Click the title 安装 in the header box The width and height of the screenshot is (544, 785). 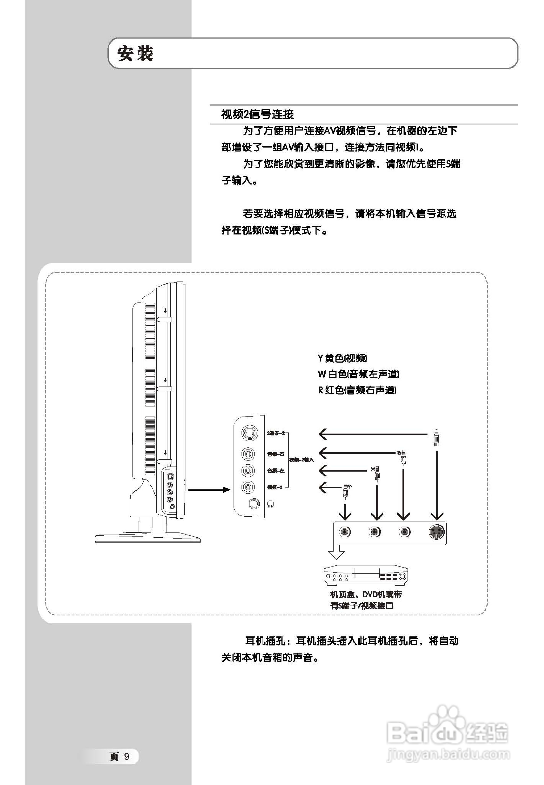coord(135,54)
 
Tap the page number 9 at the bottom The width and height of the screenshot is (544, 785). coord(126,757)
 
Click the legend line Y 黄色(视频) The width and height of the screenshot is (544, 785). coord(342,358)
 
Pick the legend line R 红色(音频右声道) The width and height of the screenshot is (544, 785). coord(357,390)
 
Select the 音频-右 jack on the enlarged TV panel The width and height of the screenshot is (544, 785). coord(248,454)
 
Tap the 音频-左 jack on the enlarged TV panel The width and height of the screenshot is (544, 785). coord(248,471)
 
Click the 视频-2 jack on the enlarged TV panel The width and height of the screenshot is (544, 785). coord(248,487)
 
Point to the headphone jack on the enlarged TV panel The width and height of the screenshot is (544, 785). coord(254,503)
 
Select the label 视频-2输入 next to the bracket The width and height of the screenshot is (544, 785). coord(301,460)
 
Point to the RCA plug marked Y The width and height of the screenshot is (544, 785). coord(346,491)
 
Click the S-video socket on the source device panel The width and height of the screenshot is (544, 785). coord(436,532)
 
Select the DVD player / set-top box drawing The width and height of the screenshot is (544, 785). coord(366,576)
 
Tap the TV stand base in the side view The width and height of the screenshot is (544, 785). coord(147,538)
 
